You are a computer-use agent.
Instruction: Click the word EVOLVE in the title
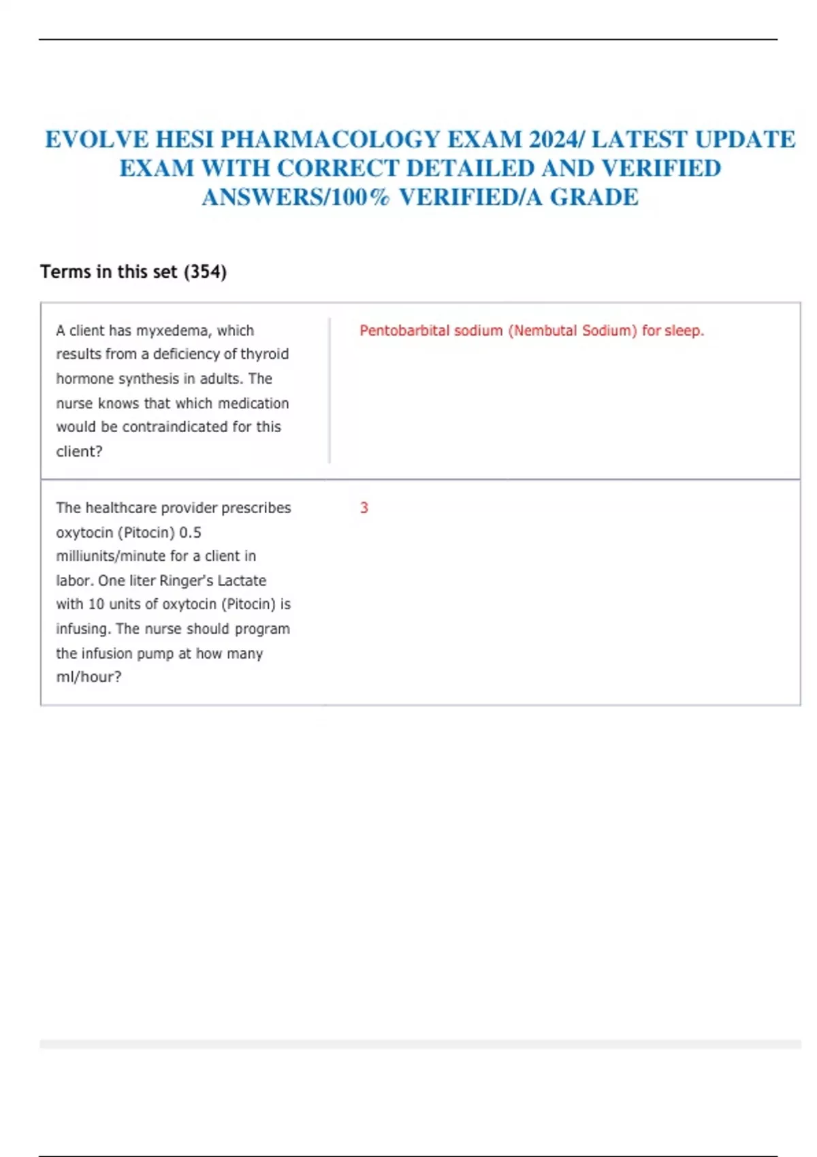point(97,139)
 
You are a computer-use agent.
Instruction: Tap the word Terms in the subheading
point(65,272)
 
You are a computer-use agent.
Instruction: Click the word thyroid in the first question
point(265,354)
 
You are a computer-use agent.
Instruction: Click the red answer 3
point(364,508)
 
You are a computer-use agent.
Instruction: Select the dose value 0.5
point(190,532)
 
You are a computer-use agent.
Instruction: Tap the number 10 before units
point(97,604)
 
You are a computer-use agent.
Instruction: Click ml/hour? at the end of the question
point(89,677)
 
